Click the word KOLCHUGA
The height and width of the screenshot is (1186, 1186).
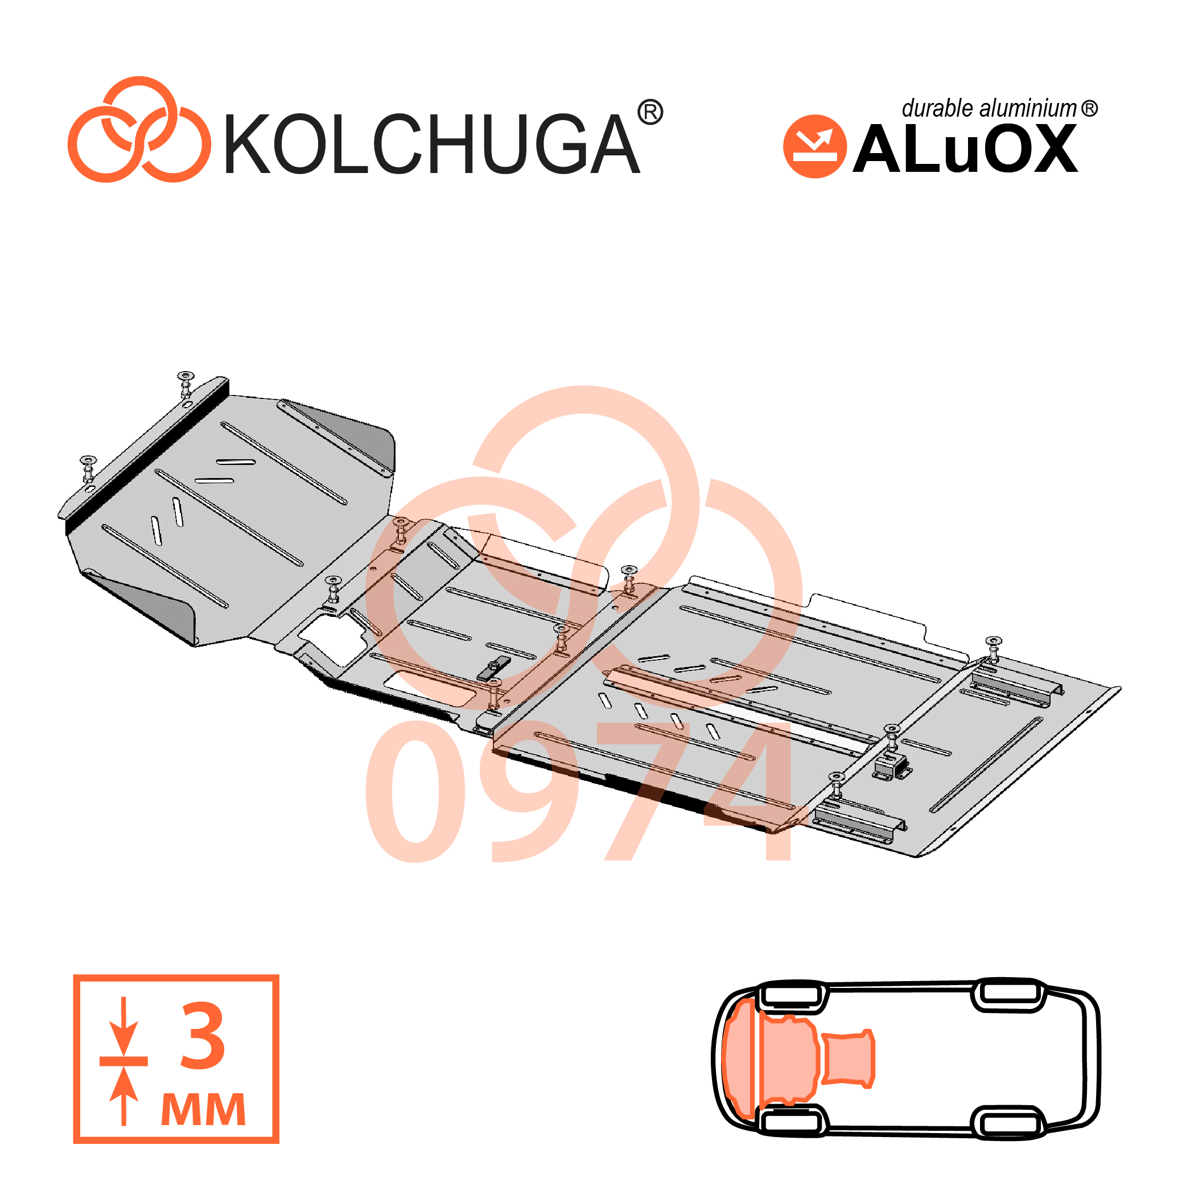(x=431, y=143)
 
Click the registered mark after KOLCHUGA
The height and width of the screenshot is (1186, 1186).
(x=650, y=112)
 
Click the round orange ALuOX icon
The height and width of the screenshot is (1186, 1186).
(x=814, y=146)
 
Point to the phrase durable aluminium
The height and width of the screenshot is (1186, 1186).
(x=989, y=108)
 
